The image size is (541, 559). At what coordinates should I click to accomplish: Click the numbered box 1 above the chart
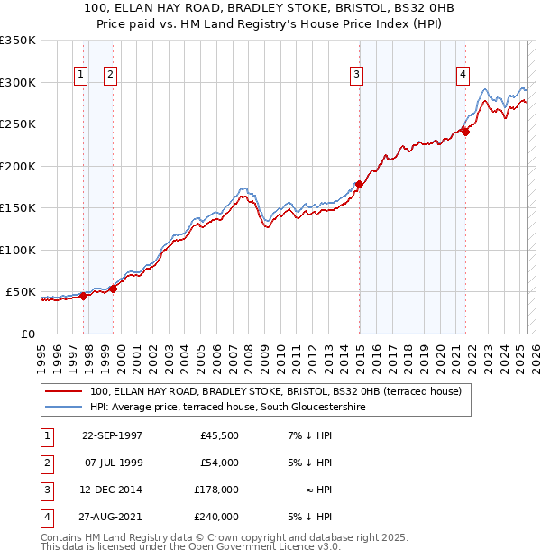pos(81,75)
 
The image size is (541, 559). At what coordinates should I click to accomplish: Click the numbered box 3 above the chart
pos(357,75)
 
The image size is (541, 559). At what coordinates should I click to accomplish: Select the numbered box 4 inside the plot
pos(463,75)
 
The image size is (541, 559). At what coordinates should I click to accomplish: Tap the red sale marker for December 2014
pos(359,185)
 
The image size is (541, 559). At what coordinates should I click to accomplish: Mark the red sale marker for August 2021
pos(466,132)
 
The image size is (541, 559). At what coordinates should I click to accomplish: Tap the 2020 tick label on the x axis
pos(440,357)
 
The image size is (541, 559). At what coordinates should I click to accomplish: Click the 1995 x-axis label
pos(42,357)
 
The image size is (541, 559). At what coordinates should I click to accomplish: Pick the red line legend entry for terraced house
pos(276,391)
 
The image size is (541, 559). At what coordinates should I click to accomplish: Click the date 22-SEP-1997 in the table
pos(112,435)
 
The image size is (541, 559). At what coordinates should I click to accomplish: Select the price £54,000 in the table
pos(219,463)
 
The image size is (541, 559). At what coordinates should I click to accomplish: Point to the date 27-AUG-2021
pos(112,517)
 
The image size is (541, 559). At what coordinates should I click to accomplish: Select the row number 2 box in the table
pos(45,463)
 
